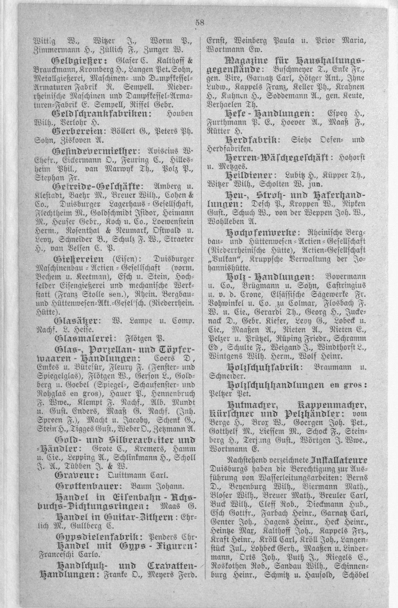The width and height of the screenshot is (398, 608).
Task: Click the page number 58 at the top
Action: pos(199,22)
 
